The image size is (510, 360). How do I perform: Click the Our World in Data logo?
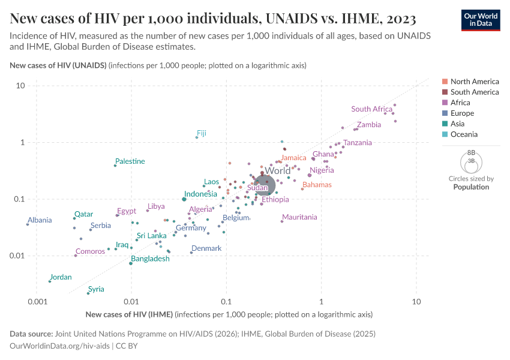tap(481, 19)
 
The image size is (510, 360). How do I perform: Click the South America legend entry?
tap(474, 92)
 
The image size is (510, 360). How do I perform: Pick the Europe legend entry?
tap(462, 113)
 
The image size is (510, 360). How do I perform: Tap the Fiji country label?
tap(202, 133)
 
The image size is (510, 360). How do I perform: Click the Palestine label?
tap(130, 161)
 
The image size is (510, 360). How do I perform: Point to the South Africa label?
tap(371, 109)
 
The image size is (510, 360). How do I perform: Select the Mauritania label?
tap(299, 217)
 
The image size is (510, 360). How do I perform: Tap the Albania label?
tap(40, 220)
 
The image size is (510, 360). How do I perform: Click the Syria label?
tap(96, 289)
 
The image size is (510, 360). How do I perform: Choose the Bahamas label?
tap(317, 185)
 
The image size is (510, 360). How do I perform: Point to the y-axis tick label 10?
tap(20, 86)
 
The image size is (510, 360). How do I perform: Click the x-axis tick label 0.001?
tap(37, 302)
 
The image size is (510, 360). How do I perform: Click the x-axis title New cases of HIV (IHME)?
tap(129, 314)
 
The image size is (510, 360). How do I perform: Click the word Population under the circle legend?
tap(471, 187)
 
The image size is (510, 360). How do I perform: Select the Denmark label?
tap(206, 248)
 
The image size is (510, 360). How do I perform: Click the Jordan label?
tap(61, 277)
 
